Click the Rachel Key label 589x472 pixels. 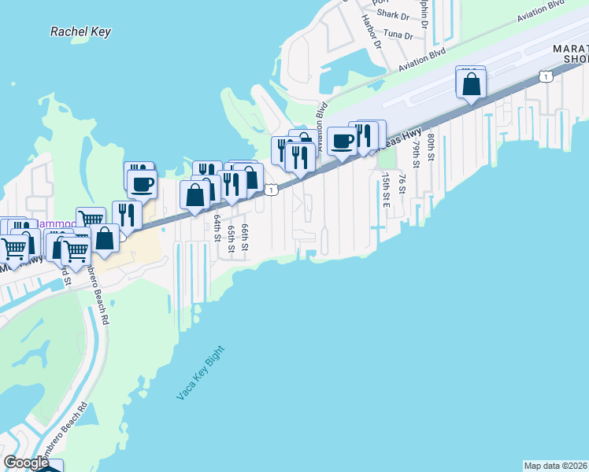pos(80,32)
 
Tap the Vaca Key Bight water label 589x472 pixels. pos(200,373)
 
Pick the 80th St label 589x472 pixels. pos(431,144)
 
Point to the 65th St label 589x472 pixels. pos(231,238)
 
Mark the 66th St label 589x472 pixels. pos(245,237)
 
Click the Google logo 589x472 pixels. pos(26,463)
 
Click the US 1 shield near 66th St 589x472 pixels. pos(272,190)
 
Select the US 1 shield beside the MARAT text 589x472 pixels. pos(545,76)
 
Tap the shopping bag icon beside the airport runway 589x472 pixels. pos(471,83)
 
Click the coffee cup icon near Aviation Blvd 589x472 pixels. pos(342,142)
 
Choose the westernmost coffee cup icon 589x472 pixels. pos(142,184)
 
